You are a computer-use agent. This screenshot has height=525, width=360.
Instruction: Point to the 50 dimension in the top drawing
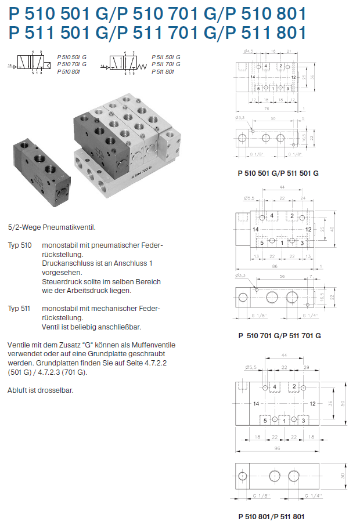point(272,119)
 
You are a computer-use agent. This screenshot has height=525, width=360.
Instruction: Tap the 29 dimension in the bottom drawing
point(305,368)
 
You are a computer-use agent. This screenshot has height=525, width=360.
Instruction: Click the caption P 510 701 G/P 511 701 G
point(279,335)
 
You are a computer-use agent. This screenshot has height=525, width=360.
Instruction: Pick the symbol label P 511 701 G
point(167,64)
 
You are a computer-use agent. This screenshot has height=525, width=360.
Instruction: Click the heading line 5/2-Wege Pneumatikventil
point(52,227)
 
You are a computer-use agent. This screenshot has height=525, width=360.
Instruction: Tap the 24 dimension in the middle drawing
point(303,198)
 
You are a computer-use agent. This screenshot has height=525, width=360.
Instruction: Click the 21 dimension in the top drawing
point(289,52)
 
